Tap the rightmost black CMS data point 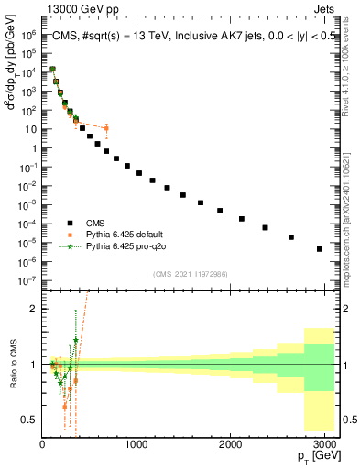[x=320, y=248]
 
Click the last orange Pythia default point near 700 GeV [x=106, y=127]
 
